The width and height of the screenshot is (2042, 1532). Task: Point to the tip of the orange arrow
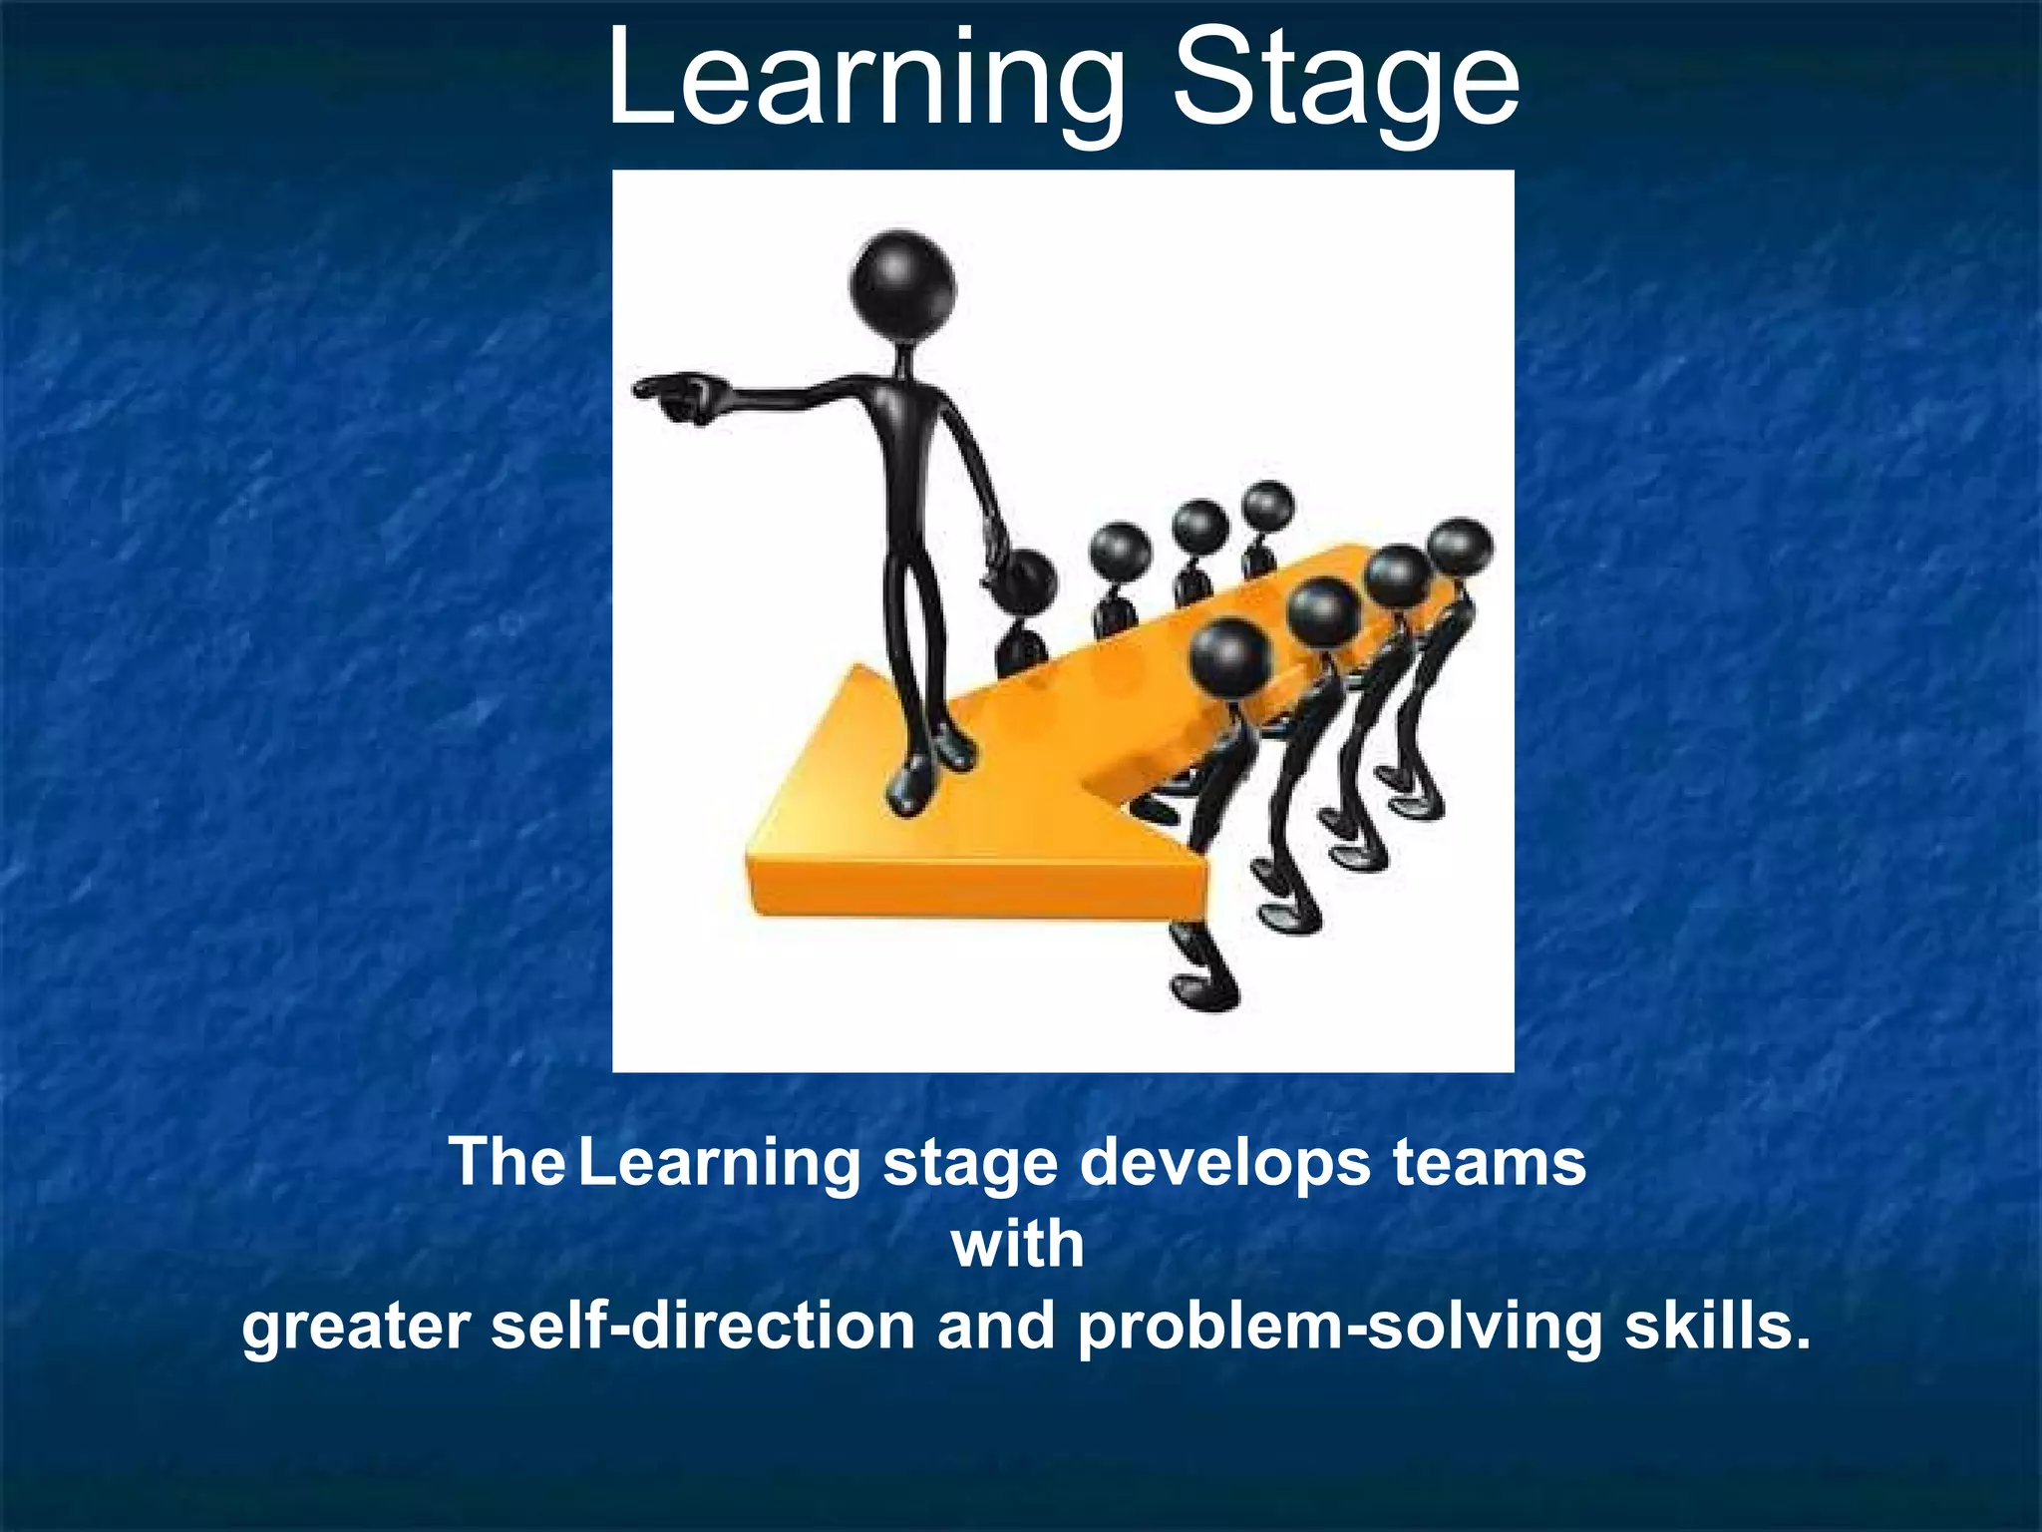tap(758, 858)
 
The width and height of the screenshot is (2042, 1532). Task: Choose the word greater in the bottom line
tap(356, 1327)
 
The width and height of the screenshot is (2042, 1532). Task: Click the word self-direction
tap(703, 1327)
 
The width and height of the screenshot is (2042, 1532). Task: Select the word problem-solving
tap(1339, 1327)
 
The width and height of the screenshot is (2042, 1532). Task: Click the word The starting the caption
tap(507, 1163)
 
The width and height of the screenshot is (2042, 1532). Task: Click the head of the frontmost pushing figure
tap(1230, 656)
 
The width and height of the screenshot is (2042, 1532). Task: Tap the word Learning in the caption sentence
tap(720, 1163)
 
